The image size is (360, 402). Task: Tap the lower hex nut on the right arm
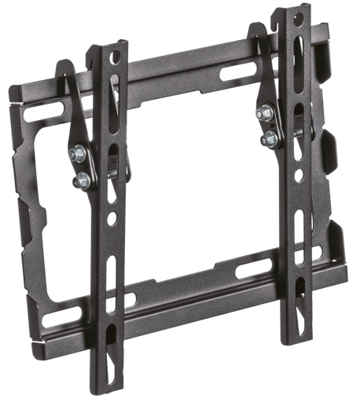click(269, 140)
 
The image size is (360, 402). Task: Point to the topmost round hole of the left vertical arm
click(115, 57)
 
